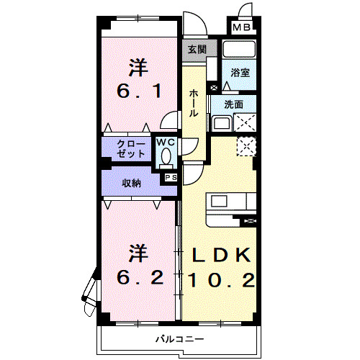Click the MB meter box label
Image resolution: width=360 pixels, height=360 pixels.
[x=242, y=27]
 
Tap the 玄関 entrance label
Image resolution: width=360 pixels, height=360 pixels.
[x=197, y=50]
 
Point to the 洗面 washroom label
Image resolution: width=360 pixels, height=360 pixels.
[x=234, y=104]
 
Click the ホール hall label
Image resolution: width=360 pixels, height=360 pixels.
[x=194, y=102]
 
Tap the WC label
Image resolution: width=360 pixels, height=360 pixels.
[x=166, y=142]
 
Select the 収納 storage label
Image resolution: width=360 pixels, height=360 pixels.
[x=130, y=183]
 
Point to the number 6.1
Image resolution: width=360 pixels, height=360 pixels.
[x=140, y=91]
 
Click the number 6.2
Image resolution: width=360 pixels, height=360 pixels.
[x=140, y=276]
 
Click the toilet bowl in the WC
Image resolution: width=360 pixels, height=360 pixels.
[x=166, y=156]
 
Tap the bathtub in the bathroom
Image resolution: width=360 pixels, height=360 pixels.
[x=240, y=50]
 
